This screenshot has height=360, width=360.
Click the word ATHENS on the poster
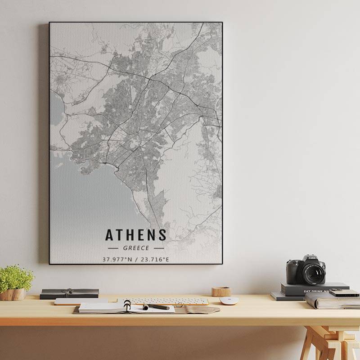pyautogui.click(x=136, y=235)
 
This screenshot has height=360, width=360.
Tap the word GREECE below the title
pyautogui.click(x=136, y=248)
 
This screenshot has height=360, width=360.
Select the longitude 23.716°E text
pyautogui.click(x=155, y=259)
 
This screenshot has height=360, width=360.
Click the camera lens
pyautogui.click(x=314, y=273)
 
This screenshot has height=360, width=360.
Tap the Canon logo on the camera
pyautogui.click(x=312, y=258)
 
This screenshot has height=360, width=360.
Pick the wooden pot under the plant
pyautogui.click(x=13, y=294)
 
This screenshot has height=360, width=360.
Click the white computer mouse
pyautogui.click(x=229, y=301)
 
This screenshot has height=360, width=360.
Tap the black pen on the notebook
pyautogui.click(x=156, y=307)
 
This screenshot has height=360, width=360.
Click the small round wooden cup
pyautogui.click(x=221, y=292)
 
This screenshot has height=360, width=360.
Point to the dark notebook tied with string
pyautogui.click(x=69, y=293)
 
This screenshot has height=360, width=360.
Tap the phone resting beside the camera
pyautogui.click(x=344, y=293)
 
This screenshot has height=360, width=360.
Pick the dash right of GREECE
pyautogui.click(x=158, y=248)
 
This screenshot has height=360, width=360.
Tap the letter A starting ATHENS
pyautogui.click(x=109, y=235)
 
